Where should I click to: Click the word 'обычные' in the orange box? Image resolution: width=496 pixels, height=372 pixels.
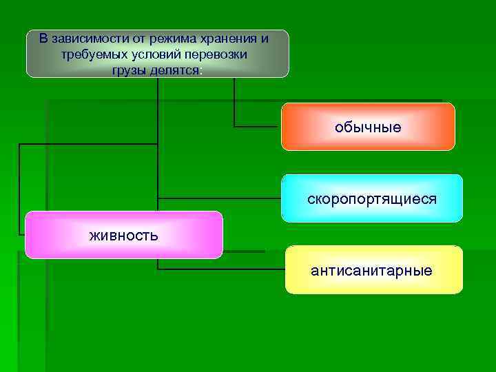[368, 127]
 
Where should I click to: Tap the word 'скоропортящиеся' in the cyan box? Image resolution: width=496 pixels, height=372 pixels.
[372, 199]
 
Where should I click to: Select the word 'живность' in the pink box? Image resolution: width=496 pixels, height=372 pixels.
[124, 236]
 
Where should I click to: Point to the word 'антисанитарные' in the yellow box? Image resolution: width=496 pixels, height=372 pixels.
[371, 271]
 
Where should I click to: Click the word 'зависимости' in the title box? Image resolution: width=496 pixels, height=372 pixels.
[84, 37]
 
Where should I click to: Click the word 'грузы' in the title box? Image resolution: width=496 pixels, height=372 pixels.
[127, 70]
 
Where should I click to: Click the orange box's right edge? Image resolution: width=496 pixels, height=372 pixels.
[455, 127]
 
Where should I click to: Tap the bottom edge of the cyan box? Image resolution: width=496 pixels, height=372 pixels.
[372, 221]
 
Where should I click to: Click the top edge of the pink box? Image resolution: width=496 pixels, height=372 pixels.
[124, 211]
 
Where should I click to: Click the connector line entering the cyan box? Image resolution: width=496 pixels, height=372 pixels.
[220, 198]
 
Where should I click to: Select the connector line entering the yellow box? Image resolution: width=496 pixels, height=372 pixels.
[220, 269]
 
